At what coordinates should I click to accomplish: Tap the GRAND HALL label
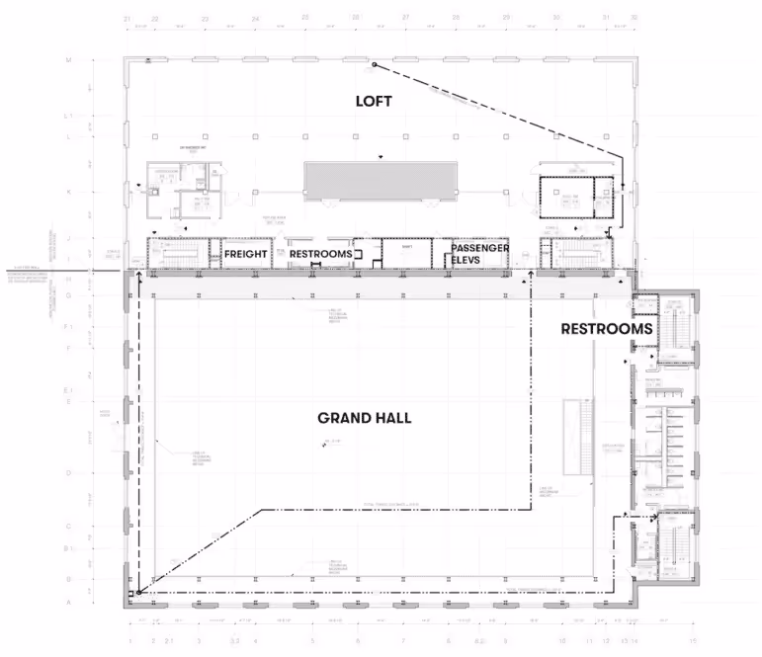364,418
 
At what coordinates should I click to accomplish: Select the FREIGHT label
246,254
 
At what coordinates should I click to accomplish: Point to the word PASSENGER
480,248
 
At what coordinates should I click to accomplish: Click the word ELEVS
465,261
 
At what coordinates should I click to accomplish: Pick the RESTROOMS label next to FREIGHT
320,254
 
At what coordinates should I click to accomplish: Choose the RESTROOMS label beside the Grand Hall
607,329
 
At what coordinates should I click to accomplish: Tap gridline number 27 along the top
405,19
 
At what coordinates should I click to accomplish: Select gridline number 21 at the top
127,19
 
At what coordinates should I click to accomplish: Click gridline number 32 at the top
634,19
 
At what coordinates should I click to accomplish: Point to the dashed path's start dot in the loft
375,66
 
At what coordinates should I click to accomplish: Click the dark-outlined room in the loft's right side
564,196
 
